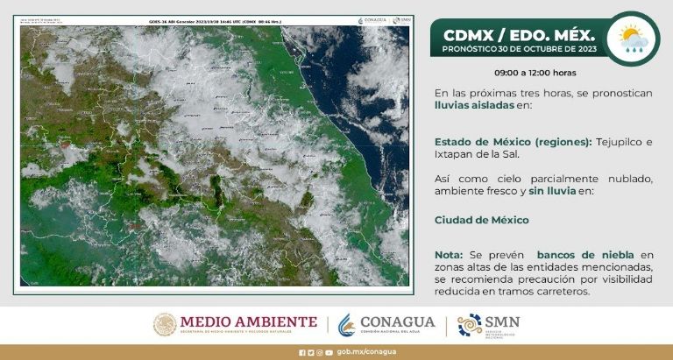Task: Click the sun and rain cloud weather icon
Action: point(634,39)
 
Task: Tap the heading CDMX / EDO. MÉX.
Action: point(519,35)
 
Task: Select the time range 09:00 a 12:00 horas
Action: point(535,73)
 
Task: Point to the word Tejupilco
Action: point(620,142)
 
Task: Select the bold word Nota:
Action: point(450,254)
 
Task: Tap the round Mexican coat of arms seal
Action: point(165,325)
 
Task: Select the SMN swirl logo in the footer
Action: point(470,325)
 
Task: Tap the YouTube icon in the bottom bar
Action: point(329,353)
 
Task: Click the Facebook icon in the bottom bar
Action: point(301,353)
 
